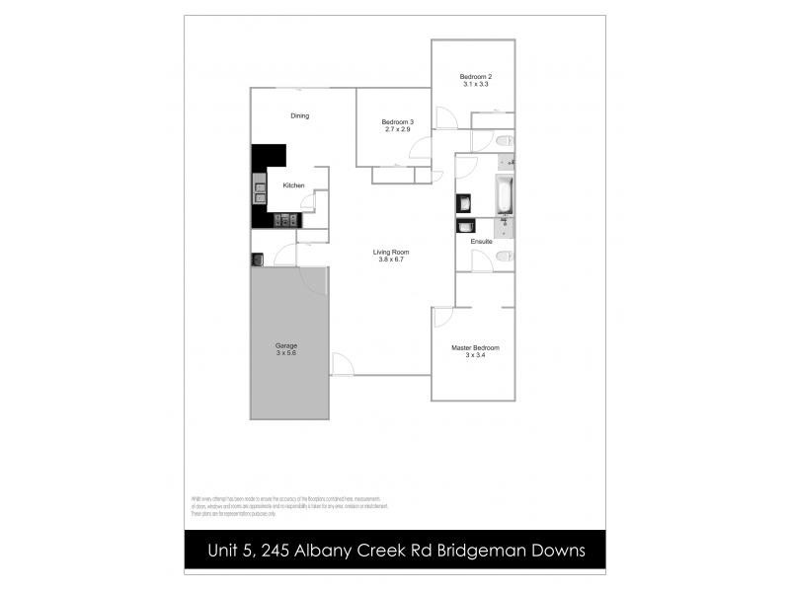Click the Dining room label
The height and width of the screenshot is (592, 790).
coord(299,116)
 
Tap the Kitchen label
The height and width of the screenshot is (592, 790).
coord(293,186)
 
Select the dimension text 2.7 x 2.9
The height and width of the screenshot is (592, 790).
coord(397,129)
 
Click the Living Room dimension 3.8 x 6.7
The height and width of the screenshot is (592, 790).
coord(391,259)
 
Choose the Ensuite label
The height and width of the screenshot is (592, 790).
coord(482,242)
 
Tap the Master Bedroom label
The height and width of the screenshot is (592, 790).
coord(475,347)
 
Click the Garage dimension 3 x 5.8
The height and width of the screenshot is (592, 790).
coord(285,353)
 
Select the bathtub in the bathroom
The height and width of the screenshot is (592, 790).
coord(504,194)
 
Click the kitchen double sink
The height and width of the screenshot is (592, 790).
coord(260,189)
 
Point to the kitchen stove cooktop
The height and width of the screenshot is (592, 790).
coord(285,220)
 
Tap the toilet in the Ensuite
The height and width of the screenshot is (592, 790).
coord(504,258)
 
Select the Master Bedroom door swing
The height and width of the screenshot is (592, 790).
coord(441,317)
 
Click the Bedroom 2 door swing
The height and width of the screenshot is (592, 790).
coord(444,117)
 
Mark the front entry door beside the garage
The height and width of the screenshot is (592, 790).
coord(342,365)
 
